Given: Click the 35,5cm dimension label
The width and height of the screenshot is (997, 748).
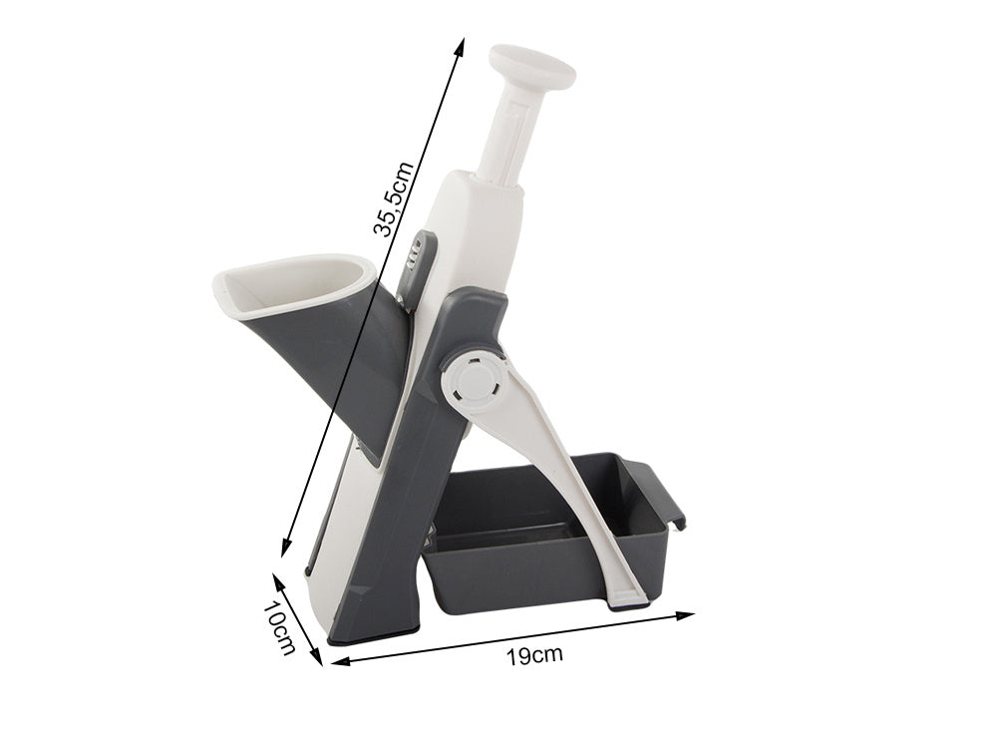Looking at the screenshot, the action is [x=394, y=199].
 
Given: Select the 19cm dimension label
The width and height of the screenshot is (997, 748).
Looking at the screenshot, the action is [x=534, y=654].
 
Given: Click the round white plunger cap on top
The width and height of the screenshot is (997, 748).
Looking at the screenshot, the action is [x=531, y=66].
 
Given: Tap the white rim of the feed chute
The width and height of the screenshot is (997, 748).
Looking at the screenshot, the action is [x=291, y=285].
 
